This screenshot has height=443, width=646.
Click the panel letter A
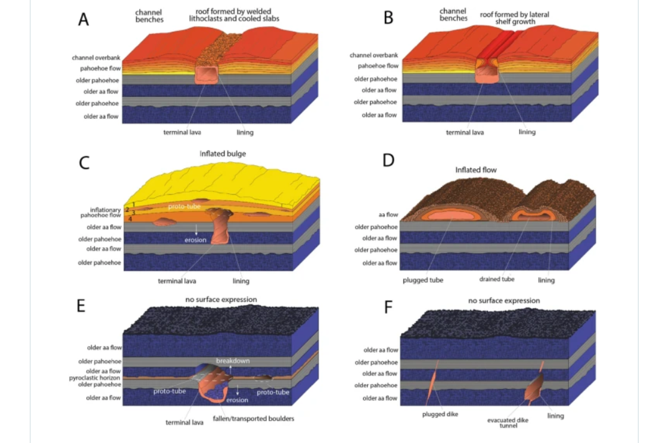tap(83, 19)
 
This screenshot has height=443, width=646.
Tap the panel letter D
tap(389, 160)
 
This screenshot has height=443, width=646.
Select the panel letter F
tap(389, 308)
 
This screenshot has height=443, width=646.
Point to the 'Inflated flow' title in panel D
tap(476, 169)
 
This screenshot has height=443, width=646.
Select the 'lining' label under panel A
tap(245, 132)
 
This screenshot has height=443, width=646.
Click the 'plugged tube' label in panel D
tap(423, 280)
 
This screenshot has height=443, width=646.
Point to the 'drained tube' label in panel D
tap(497, 279)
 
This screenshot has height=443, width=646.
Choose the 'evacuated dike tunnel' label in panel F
tap(507, 422)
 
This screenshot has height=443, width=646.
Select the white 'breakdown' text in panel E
tap(233, 361)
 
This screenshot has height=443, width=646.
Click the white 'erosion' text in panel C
tap(195, 240)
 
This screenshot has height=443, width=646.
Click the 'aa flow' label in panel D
tap(387, 215)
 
